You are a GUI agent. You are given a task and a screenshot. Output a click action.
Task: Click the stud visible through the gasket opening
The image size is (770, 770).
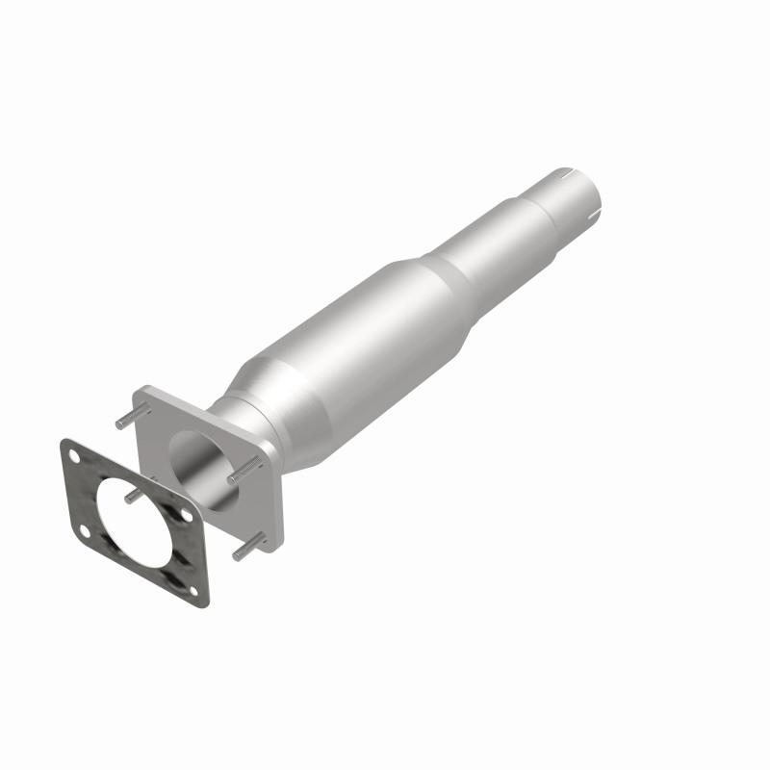(132, 495)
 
